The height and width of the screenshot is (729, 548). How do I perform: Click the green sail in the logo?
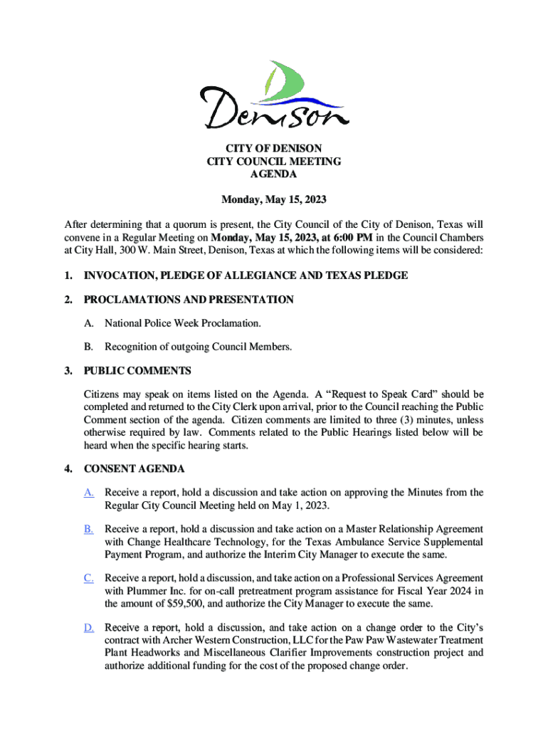288,80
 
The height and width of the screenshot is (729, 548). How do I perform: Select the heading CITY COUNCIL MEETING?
274,162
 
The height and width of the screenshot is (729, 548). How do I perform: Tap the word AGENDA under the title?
274,174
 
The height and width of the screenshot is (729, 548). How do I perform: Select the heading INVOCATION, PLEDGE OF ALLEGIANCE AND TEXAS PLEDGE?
246,276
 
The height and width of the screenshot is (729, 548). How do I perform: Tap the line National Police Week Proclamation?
183,324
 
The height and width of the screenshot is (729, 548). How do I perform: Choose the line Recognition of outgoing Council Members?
199,347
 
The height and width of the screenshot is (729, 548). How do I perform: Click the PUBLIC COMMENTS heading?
137,371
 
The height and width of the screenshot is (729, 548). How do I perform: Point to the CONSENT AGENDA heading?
135,469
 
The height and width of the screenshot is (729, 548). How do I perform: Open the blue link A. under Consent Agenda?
89,493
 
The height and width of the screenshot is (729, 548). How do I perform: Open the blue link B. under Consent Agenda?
89,529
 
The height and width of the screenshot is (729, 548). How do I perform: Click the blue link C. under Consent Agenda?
89,578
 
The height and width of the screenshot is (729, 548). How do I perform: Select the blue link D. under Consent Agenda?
89,627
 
